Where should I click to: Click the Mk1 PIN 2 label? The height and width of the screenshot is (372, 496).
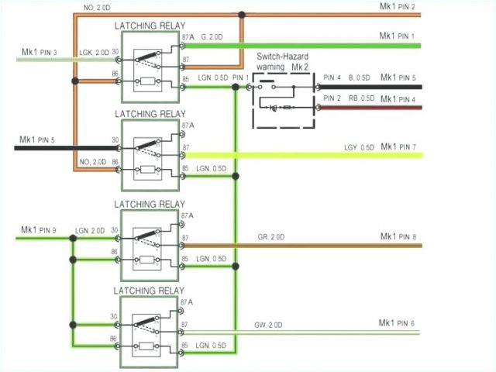tap(398, 8)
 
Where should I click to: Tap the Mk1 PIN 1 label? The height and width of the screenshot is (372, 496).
tap(398, 36)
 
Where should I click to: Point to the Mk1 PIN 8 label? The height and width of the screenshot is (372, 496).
tap(398, 236)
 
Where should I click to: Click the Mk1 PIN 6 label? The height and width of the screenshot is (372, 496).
tap(397, 322)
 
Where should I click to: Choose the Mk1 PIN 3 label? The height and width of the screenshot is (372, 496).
tap(39, 52)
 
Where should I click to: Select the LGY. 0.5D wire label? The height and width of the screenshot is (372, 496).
tap(359, 147)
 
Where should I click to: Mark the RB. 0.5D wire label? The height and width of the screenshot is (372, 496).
tap(361, 98)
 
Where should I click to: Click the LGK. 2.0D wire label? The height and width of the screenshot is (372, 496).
tap(94, 52)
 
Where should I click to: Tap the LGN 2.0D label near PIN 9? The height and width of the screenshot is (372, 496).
tap(91, 230)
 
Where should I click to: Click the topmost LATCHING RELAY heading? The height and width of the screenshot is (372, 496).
tap(150, 26)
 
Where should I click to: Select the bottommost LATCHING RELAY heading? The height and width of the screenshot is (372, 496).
tap(150, 291)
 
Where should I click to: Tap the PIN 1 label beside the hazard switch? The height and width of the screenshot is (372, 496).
tap(240, 78)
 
